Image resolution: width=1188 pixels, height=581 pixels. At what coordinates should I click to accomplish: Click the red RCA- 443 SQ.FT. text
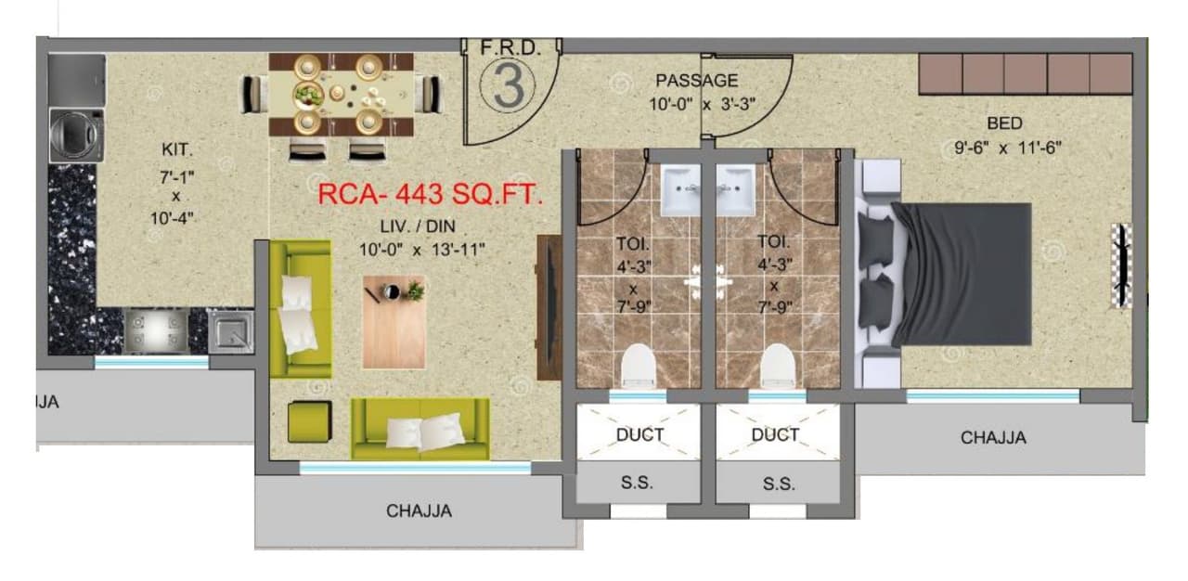(x=430, y=195)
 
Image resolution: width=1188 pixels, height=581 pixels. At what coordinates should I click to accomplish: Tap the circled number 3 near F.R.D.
(x=508, y=85)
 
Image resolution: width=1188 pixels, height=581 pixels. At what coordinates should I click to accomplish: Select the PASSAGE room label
(x=696, y=81)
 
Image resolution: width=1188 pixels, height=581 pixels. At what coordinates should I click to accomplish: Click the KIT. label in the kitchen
(x=176, y=149)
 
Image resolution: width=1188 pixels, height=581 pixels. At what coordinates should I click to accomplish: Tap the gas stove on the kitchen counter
(x=156, y=330)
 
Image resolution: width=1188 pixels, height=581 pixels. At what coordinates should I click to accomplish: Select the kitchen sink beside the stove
(x=231, y=330)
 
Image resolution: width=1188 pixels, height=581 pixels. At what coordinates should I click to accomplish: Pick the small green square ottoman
(x=309, y=421)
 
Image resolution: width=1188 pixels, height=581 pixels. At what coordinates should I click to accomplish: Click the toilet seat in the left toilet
(x=638, y=366)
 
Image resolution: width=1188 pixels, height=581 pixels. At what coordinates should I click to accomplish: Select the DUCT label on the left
(x=639, y=434)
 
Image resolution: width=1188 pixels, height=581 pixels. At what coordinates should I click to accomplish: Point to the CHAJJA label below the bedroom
(x=993, y=437)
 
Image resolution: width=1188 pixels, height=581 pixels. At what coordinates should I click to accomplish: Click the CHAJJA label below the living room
(x=419, y=510)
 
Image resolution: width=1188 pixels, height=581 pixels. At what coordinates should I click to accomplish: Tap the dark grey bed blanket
(x=965, y=274)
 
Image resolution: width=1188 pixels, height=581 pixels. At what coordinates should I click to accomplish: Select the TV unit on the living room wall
(x=549, y=307)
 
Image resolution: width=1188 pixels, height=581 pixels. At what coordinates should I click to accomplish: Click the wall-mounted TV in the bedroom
(x=1122, y=265)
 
